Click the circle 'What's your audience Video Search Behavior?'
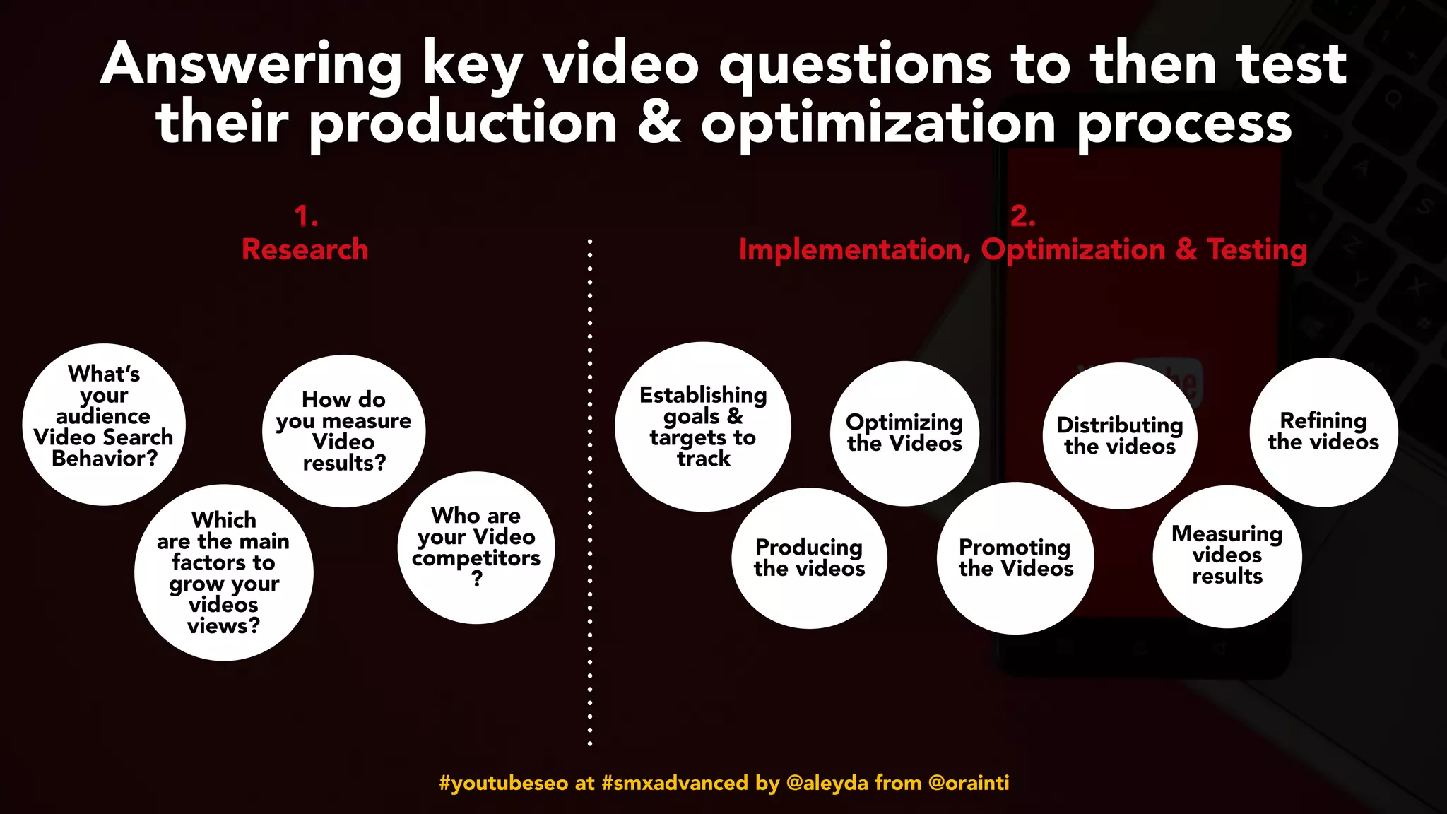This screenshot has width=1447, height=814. [104, 424]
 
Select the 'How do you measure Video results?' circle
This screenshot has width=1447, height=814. [344, 431]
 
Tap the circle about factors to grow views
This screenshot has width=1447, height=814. [223, 572]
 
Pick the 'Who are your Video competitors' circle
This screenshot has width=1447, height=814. [476, 547]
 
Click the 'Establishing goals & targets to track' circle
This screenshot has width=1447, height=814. [703, 427]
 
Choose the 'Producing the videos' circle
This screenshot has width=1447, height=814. [810, 558]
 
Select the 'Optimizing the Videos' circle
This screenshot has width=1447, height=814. [904, 433]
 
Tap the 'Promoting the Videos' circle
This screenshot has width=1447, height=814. [1015, 558]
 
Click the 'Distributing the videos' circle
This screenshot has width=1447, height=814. [1120, 435]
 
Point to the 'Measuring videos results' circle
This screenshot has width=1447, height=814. [1227, 555]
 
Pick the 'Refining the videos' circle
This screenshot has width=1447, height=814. [1323, 432]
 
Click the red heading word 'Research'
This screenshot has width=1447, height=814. [305, 249]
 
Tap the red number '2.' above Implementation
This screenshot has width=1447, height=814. [1022, 216]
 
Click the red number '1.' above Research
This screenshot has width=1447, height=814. [306, 216]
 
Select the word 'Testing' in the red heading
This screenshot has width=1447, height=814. [1257, 249]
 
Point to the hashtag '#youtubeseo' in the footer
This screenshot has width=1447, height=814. [503, 783]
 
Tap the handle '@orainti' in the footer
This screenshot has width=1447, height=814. [968, 783]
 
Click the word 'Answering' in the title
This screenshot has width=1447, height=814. [251, 65]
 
